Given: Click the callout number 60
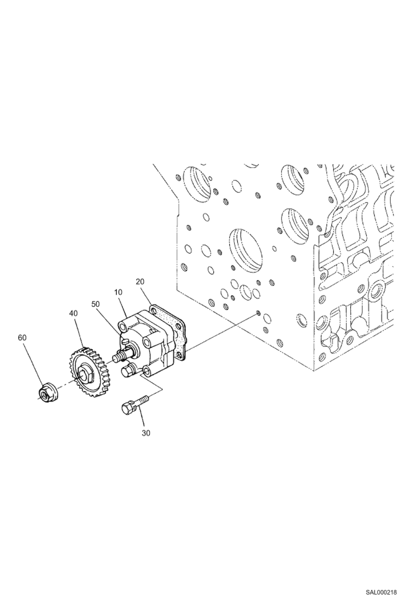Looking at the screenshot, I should point(22,338).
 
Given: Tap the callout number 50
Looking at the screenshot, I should point(96,304).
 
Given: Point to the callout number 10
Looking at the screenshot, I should point(118,292).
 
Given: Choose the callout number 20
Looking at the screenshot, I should point(140,281).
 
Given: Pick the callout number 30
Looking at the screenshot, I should point(146,433).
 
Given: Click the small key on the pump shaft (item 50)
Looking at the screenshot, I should point(125,340).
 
